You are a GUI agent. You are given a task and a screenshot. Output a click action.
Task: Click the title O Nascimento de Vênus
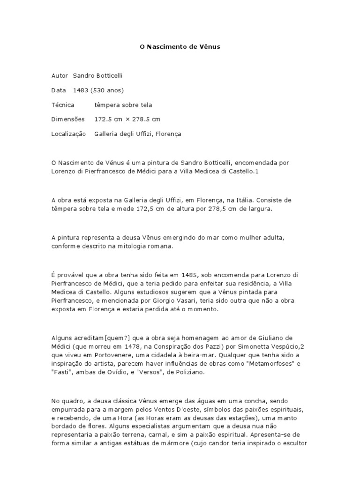click(x=180, y=47)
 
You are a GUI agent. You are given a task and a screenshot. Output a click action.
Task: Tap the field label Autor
click(x=59, y=75)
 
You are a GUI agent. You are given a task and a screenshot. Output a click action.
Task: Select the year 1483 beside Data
click(x=81, y=90)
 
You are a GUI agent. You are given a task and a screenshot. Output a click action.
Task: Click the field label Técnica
click(x=62, y=105)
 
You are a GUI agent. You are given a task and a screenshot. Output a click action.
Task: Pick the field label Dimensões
click(x=68, y=119)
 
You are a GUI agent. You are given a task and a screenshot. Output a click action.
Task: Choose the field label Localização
click(x=68, y=134)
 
